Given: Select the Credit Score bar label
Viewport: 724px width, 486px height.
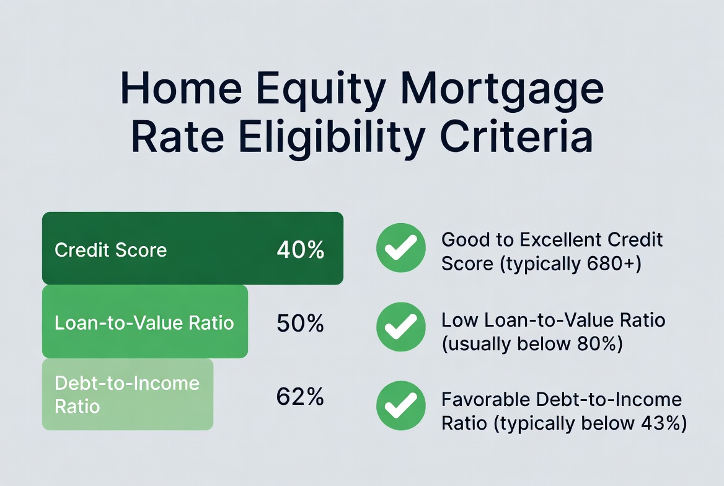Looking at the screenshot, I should [110, 250].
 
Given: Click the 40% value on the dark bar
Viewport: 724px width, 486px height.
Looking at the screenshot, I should [301, 250].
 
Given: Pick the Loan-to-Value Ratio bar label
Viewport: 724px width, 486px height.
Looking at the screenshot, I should [144, 323].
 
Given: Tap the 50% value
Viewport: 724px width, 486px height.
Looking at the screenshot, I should [301, 323].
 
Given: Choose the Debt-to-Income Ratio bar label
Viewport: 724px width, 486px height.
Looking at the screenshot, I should [127, 394].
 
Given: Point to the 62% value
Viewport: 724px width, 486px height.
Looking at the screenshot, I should [301, 397].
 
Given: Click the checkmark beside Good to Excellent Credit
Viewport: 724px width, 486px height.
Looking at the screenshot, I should [401, 248].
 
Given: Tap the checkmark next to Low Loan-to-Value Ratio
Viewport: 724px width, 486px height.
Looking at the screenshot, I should [401, 327].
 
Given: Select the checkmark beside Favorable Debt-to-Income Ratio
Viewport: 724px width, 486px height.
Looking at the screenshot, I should [401, 405].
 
